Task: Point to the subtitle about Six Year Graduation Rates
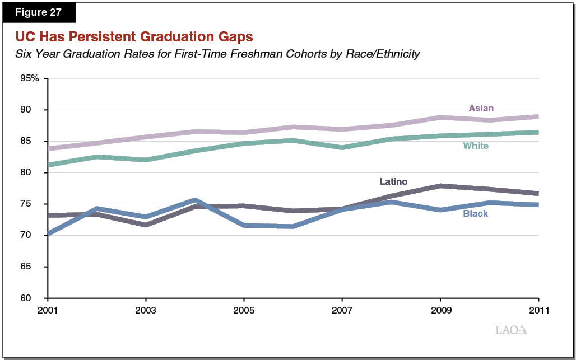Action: (x=218, y=54)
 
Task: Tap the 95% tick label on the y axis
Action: (x=29, y=78)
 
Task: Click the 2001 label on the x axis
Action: (x=48, y=310)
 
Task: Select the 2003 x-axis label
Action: (x=146, y=310)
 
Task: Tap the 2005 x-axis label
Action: (x=244, y=310)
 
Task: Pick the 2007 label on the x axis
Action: (x=342, y=310)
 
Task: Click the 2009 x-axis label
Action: (x=440, y=310)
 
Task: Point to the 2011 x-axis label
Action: (x=538, y=310)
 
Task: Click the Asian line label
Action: (x=481, y=109)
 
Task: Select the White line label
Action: (x=476, y=146)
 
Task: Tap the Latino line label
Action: (x=393, y=181)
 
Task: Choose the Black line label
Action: (x=475, y=214)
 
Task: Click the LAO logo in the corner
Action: (x=511, y=330)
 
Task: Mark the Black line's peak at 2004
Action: (x=194, y=200)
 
